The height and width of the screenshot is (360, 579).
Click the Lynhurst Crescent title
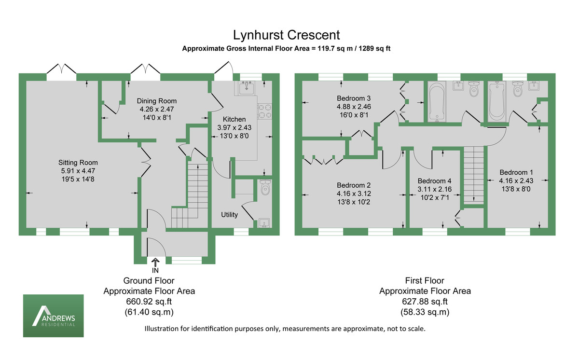point(286,35)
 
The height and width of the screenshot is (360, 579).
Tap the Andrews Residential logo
point(54,316)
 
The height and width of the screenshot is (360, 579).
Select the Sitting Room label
point(78,162)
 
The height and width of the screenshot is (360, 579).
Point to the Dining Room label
point(157,101)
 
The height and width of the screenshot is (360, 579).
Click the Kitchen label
point(234,119)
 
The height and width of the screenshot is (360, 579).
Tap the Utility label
point(229,215)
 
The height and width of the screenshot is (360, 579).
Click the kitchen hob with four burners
point(265,111)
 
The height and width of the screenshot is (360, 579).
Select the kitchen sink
point(247,88)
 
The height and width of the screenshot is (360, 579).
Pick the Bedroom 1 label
point(516,172)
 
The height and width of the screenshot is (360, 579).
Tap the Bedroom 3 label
point(354,97)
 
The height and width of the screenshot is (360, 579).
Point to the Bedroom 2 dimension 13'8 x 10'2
point(354,202)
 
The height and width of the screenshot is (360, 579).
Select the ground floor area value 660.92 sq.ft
point(149,302)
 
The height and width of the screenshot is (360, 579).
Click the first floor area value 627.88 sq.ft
point(425,302)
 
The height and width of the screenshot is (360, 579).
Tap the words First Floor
point(425,280)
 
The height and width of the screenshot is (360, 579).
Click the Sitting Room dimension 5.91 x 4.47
point(78,171)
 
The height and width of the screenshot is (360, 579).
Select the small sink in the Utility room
point(263,222)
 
